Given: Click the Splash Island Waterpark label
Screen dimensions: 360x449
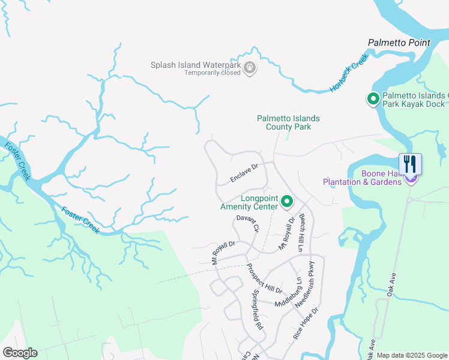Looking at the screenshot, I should coord(195,65).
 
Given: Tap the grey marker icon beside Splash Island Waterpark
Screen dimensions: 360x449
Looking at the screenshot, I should coord(250,69).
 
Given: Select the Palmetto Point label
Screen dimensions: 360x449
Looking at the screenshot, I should coord(399,43).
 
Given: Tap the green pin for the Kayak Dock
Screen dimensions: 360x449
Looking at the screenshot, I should coord(373,99).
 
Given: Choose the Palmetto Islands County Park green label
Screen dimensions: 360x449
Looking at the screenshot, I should coord(288,122).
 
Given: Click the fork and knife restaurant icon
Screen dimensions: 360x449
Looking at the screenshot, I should coord(410,163).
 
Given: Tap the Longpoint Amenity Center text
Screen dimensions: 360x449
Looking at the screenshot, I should coord(250,202).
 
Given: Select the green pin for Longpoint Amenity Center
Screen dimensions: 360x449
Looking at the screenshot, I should coord(287,202).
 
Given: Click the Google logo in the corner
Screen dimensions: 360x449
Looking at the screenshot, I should coord(20,353).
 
